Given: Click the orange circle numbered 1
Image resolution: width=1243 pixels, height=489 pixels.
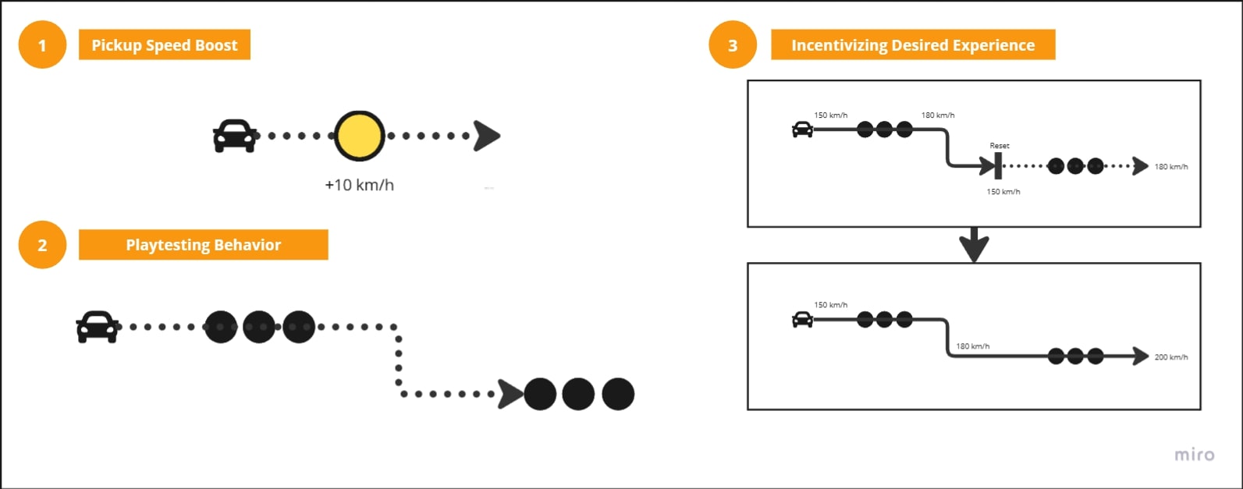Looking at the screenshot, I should tap(42, 45).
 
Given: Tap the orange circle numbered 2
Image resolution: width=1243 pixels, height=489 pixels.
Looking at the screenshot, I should tap(42, 245).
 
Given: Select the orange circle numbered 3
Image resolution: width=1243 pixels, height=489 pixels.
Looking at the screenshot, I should tap(733, 45).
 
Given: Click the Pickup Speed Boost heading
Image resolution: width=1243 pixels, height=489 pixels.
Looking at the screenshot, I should tap(164, 45).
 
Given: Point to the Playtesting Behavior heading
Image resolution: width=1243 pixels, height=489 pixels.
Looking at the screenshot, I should tap(203, 245).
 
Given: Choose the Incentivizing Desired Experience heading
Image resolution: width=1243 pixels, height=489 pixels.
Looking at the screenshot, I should tap(912, 45).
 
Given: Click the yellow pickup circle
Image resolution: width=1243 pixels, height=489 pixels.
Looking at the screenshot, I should tap(359, 136).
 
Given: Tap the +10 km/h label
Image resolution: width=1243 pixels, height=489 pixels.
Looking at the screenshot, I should tap(359, 186).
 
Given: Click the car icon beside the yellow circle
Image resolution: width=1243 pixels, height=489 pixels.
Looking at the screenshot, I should tap(234, 136).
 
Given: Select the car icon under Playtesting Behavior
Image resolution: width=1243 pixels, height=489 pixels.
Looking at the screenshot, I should tap(98, 327).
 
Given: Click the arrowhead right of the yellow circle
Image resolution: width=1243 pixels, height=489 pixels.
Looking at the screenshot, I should tap(486, 136).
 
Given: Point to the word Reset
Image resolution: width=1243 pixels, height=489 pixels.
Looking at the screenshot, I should tap(999, 146).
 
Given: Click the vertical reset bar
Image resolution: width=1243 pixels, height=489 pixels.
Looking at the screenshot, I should tap(998, 166).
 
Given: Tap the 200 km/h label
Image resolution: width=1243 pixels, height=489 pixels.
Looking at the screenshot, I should tap(1170, 357).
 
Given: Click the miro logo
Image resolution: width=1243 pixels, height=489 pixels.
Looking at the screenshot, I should tap(1194, 455).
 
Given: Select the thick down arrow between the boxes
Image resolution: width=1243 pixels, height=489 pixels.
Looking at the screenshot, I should tap(974, 245).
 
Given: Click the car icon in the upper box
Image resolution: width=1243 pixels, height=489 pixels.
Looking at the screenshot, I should tap(802, 129).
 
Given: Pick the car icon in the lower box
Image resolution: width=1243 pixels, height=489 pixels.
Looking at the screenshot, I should tap(802, 320).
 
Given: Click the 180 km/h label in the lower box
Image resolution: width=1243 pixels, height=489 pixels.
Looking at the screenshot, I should tap(972, 346).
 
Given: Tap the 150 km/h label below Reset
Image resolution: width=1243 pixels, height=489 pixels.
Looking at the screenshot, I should tap(1003, 192).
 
